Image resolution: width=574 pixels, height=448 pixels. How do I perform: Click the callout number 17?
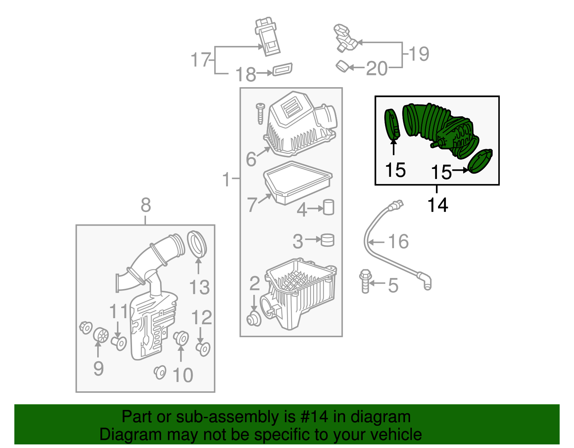[200, 60]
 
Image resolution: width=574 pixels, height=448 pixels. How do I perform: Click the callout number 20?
[377, 68]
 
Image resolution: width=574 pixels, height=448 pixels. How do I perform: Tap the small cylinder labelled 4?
[329, 207]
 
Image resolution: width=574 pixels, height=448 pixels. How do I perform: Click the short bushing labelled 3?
[327, 240]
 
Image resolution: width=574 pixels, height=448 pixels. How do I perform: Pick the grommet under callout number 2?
[254, 319]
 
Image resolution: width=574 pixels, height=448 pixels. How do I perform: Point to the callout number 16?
[398, 241]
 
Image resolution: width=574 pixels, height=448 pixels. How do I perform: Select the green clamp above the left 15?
[392, 124]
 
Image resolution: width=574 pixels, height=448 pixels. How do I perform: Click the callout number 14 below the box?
[438, 205]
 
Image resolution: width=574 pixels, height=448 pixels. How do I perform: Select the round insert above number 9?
[101, 335]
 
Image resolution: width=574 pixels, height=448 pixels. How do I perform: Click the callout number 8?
[146, 206]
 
